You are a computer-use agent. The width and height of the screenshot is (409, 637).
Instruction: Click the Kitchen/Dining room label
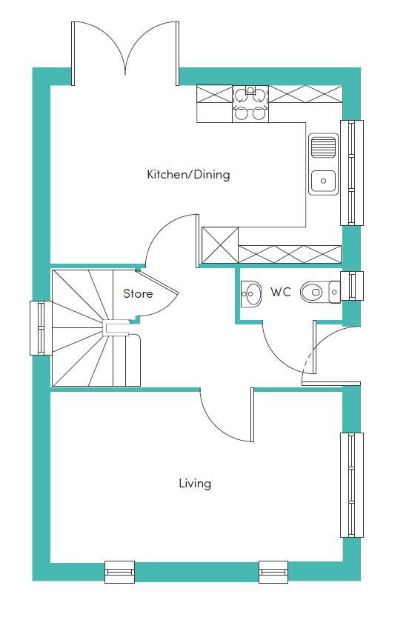188,175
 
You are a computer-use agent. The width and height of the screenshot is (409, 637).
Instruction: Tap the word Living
195,484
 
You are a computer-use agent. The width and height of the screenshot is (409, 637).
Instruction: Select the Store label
139,293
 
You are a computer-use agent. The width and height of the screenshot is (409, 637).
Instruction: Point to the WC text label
281,292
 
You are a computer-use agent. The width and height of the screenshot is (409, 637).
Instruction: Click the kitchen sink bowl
324,181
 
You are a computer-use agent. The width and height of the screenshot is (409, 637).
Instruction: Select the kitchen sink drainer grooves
324,147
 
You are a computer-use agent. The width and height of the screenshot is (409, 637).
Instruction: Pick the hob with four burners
250,104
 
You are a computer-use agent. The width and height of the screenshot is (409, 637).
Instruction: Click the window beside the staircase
41,328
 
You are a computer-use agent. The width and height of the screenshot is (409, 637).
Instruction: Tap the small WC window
352,286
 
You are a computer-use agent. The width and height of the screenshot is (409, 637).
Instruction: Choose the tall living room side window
352,485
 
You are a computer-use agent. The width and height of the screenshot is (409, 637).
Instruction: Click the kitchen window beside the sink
352,173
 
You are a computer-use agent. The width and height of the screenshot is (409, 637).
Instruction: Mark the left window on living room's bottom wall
119,572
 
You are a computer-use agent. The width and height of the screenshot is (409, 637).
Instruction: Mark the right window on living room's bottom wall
273,572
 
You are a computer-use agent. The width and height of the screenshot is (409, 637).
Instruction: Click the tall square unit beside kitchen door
220,245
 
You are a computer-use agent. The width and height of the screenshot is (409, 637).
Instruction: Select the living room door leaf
252,415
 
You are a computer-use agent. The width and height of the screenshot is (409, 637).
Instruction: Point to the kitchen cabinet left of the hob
215,94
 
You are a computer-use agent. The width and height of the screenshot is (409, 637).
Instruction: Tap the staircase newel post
110,327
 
